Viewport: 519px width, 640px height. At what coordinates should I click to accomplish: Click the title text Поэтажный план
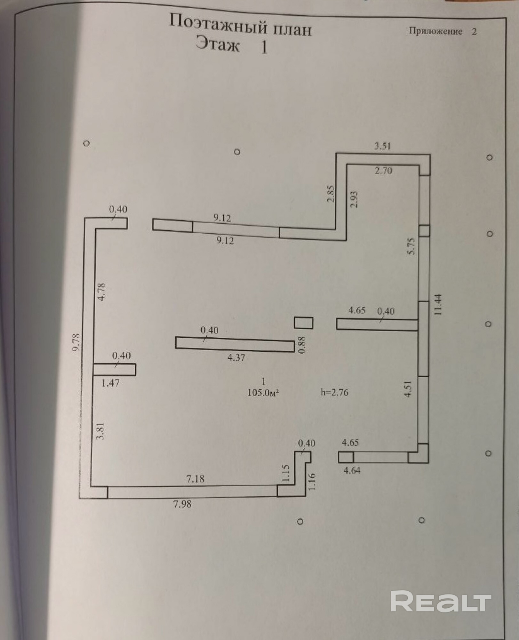[x=240, y=26]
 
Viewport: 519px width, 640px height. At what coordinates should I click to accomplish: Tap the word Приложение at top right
[x=435, y=31]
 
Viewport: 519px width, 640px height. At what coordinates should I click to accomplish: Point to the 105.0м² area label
[x=263, y=393]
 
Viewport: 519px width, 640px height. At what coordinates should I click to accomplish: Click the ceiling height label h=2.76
[x=334, y=392]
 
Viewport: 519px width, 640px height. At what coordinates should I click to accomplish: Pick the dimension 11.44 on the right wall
[x=438, y=305]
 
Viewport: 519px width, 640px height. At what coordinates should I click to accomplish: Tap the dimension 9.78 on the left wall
[x=76, y=343]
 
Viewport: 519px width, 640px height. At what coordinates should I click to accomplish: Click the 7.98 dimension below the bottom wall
[x=182, y=504]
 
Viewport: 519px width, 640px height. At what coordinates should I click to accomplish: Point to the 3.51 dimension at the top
[x=383, y=146]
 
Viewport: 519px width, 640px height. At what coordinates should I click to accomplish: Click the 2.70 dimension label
[x=383, y=171]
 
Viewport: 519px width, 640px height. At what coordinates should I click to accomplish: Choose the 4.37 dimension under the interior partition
[x=236, y=357]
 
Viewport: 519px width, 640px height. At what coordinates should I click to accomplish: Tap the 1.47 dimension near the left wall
[x=110, y=383]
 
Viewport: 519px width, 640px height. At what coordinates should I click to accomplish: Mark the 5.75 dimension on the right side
[x=411, y=246]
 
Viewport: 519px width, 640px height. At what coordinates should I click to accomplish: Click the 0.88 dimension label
[x=302, y=345]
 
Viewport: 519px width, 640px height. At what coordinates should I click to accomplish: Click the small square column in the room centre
[x=303, y=323]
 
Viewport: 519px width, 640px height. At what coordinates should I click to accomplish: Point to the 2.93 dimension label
[x=354, y=199]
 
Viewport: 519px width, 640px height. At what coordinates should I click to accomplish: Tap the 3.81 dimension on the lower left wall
[x=100, y=431]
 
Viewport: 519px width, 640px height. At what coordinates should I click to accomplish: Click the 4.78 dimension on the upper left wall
[x=101, y=292]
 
